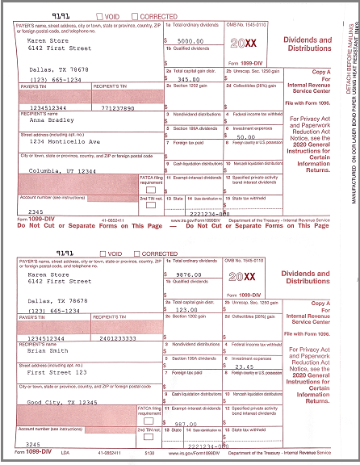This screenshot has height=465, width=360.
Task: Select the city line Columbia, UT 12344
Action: [x=61, y=171]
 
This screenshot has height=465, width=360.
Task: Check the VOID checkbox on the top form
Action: [x=100, y=16]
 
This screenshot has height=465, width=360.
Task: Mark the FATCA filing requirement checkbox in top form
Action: [x=149, y=189]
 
